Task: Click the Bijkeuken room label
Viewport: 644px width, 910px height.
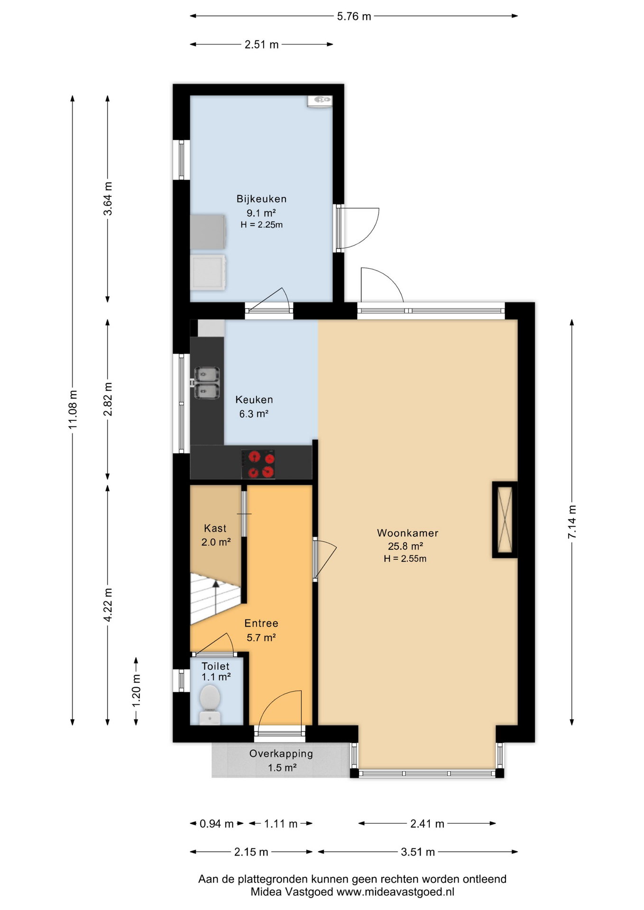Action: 261,199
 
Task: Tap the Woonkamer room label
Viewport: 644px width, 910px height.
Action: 407,533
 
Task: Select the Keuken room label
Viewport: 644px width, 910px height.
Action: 254,400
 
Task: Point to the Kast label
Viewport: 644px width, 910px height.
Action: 215,528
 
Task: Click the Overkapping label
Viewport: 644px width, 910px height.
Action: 281,754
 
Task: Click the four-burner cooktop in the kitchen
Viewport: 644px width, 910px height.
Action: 258,464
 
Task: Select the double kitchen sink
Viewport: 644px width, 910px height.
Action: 206,383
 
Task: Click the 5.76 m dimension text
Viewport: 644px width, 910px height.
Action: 354,16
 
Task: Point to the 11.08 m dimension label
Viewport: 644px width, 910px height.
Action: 73,409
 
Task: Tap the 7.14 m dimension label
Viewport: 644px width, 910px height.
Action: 572,521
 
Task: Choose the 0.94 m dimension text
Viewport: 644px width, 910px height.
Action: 216,824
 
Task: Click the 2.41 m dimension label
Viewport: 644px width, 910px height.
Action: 427,824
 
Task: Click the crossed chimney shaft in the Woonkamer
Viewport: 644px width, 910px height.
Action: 504,519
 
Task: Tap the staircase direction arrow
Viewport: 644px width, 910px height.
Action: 216,597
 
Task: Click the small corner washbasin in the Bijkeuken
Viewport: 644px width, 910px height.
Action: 320,101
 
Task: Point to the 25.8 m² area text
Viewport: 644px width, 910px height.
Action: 405,546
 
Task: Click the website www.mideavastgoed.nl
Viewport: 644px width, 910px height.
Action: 395,892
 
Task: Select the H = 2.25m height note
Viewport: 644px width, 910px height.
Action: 261,225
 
